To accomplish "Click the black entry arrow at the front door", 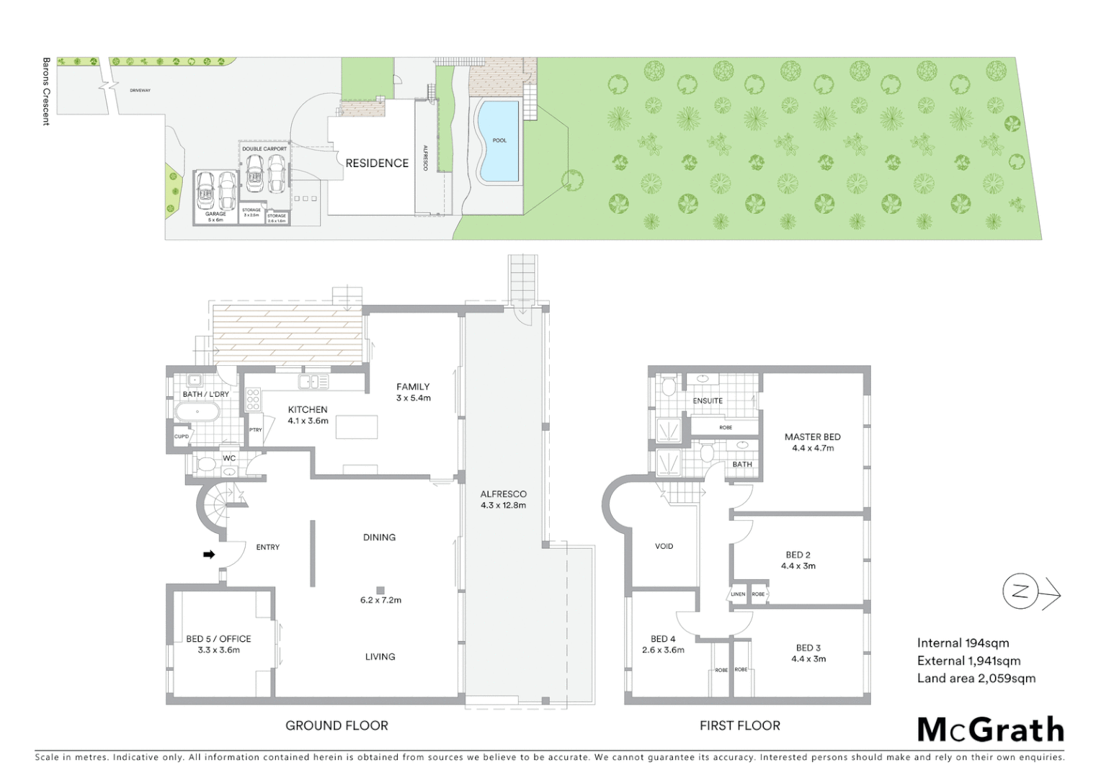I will tap(209, 554).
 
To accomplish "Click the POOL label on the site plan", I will tap(499, 140).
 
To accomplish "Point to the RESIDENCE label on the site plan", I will tap(377, 164).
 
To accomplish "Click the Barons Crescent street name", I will tap(46, 91).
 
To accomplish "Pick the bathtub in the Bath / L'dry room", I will tap(197, 413).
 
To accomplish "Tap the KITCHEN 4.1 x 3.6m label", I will tap(308, 415).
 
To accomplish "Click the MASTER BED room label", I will tap(812, 442).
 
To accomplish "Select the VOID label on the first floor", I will tap(664, 546).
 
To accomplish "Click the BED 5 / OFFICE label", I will tap(218, 644).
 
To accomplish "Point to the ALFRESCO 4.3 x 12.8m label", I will tap(503, 499).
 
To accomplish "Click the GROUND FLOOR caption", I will tap(336, 725).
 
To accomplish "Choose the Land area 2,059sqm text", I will tap(976, 678).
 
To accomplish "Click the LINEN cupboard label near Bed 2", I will tap(739, 594).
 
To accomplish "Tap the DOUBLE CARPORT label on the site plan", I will tap(264, 149).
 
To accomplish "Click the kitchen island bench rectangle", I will tap(357, 428).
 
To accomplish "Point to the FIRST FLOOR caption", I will tap(739, 725).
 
